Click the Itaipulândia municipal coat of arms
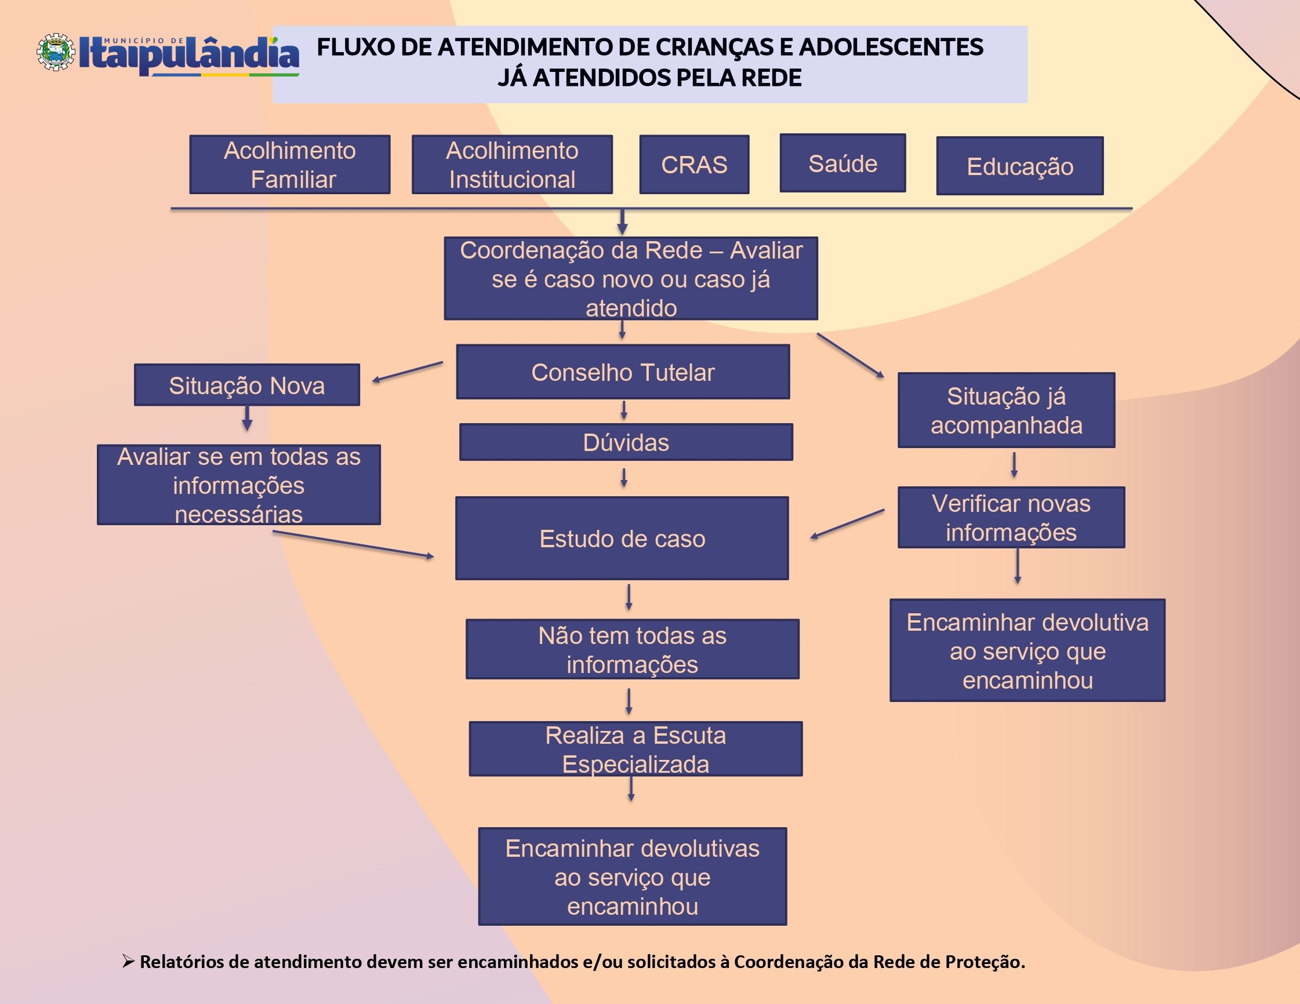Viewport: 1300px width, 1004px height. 56,52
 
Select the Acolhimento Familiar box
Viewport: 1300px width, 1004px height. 290,164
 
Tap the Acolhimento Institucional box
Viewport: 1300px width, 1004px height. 512,164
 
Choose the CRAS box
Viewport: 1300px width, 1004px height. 694,164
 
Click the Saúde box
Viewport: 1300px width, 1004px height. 843,163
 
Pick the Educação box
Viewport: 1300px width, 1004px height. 1019,166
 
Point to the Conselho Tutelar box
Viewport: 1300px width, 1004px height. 623,372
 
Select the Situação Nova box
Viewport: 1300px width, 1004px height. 246,385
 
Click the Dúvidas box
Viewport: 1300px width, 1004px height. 626,442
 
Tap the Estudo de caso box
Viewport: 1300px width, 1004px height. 622,538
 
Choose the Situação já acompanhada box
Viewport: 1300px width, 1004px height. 1006,410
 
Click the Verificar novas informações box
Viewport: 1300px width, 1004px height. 1011,517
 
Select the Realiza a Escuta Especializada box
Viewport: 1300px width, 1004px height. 635,749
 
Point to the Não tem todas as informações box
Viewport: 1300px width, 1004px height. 632,649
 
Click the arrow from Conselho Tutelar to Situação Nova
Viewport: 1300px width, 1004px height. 408,372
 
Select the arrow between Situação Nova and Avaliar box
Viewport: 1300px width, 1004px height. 247,418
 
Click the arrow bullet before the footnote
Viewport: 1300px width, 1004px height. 128,961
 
